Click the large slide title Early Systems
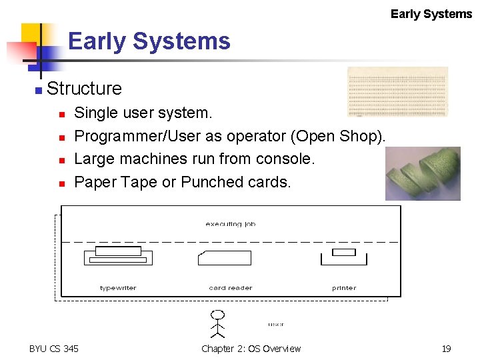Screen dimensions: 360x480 pyautogui.click(x=149, y=41)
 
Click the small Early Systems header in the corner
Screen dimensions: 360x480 pyautogui.click(x=431, y=14)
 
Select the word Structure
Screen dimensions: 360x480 pyautogui.click(x=85, y=88)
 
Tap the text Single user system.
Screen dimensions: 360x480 pyautogui.click(x=143, y=113)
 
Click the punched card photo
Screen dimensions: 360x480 pyautogui.click(x=397, y=91)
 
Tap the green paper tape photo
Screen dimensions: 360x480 pyautogui.click(x=423, y=173)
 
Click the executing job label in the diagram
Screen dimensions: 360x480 pyautogui.click(x=230, y=224)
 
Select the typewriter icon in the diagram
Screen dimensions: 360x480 pyautogui.click(x=118, y=257)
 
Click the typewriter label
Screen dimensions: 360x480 pyautogui.click(x=118, y=288)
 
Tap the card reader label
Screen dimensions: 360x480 pyautogui.click(x=230, y=288)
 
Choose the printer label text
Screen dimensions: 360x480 pyautogui.click(x=344, y=288)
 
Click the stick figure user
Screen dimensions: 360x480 pyautogui.click(x=217, y=323)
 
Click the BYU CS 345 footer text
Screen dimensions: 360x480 pyautogui.click(x=54, y=349)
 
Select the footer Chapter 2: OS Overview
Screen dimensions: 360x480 pyautogui.click(x=251, y=349)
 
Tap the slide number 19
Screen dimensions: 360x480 pyautogui.click(x=446, y=349)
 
